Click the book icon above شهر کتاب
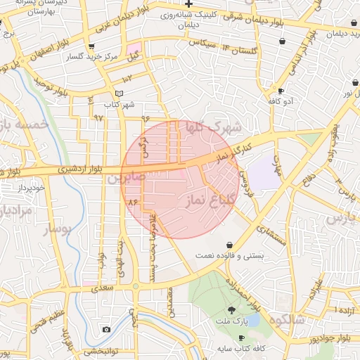[x=119, y=94]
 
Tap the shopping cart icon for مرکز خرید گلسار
[x=91, y=46]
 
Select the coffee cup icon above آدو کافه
[x=281, y=91]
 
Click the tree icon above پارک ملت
[x=232, y=310]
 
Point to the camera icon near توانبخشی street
[x=106, y=329]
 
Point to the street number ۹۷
[x=98, y=117]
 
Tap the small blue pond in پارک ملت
[x=253, y=320]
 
